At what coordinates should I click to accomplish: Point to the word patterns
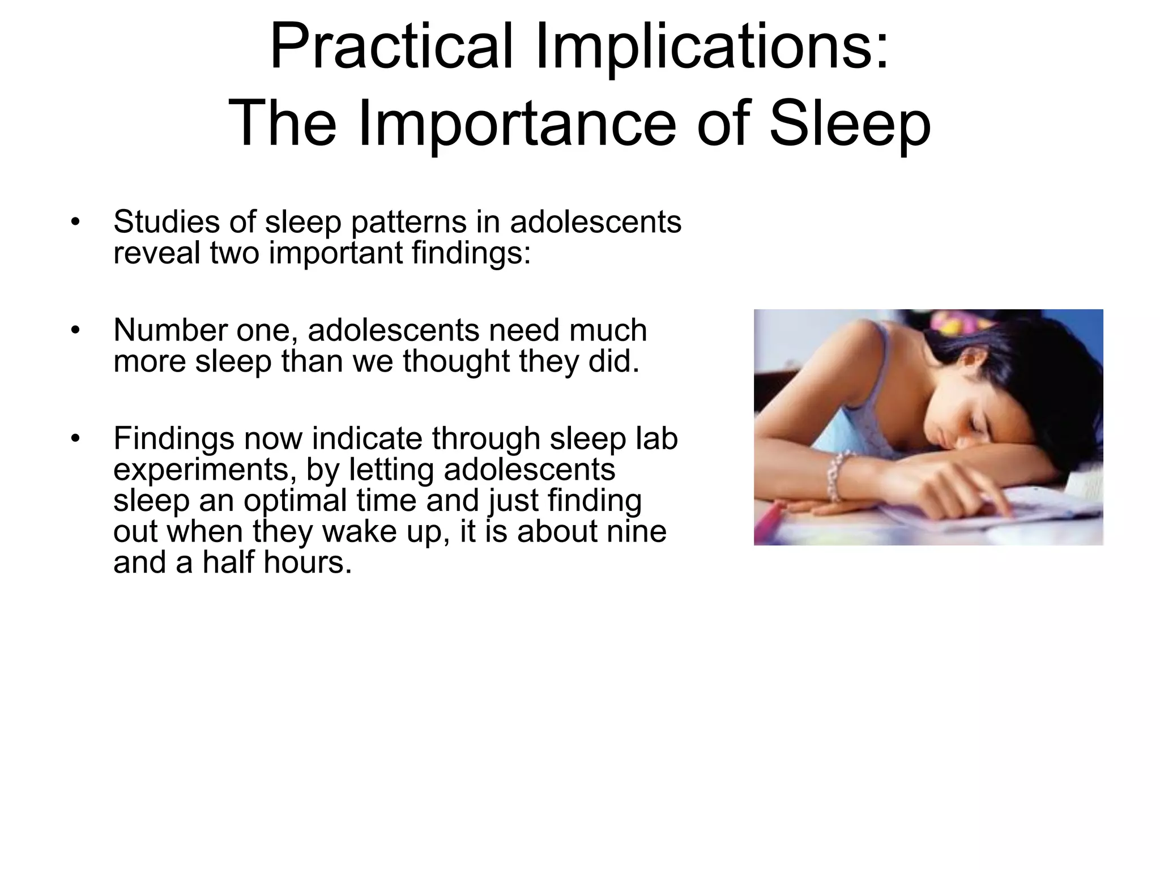click(x=408, y=223)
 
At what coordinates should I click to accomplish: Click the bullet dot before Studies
click(x=74, y=222)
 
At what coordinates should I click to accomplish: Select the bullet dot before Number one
click(x=74, y=330)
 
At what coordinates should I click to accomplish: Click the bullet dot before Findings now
click(x=74, y=438)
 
